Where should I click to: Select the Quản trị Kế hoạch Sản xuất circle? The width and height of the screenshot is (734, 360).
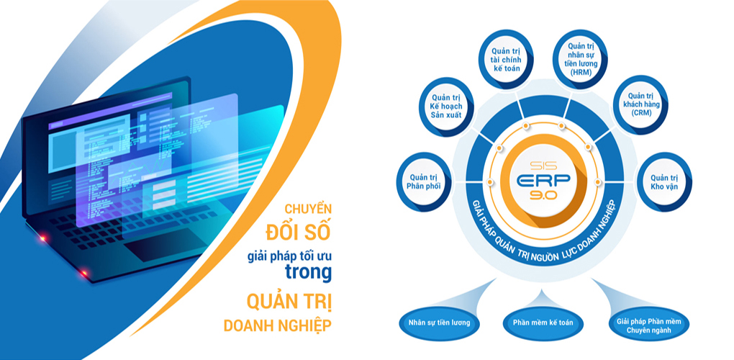tap(448, 107)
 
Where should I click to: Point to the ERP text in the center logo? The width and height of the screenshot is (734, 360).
tap(543, 180)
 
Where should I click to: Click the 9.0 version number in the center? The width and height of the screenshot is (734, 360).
tap(543, 197)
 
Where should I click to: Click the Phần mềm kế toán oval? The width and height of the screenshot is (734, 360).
tap(543, 323)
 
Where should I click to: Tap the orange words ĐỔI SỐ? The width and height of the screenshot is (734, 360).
tap(298, 233)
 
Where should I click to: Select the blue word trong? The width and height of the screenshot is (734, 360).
tap(309, 274)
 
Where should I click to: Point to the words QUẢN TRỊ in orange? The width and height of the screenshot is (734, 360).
tap(289, 302)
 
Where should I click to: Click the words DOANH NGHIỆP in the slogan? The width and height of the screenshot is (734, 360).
tap(278, 326)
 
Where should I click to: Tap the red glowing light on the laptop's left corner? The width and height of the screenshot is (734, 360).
tap(42, 239)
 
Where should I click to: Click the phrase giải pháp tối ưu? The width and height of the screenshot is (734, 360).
tap(290, 257)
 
